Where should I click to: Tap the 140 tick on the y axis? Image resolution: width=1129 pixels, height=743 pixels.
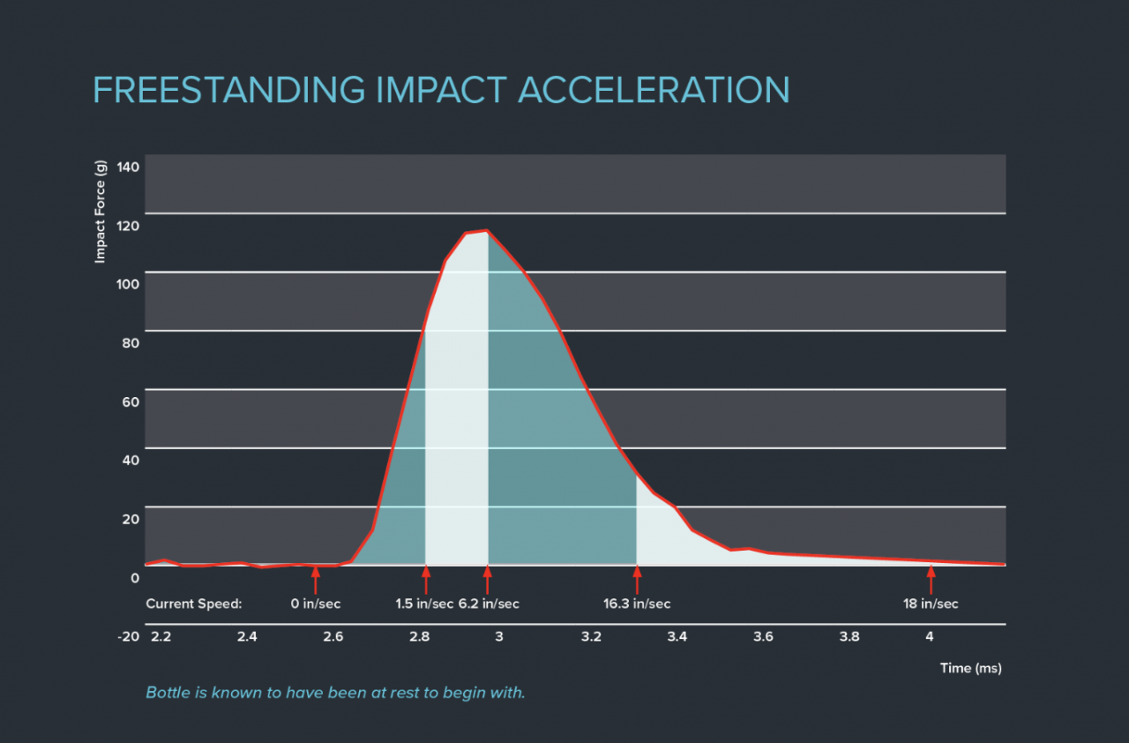pos(128,167)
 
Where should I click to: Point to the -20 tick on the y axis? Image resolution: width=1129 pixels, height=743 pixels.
pos(128,637)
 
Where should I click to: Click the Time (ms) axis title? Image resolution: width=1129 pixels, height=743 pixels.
pos(970,668)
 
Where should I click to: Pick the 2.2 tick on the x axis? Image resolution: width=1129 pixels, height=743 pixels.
pos(161,637)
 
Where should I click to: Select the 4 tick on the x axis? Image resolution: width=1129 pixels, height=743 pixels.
pos(930,637)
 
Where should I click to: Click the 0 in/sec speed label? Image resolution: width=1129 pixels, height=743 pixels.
pos(315,604)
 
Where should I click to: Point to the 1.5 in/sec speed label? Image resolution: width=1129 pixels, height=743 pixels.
pos(424,604)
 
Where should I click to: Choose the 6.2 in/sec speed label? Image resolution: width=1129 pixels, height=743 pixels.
pos(489,604)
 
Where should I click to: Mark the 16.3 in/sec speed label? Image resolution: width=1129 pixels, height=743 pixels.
pos(637,604)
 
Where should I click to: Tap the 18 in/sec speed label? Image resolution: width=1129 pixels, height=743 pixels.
pos(930,604)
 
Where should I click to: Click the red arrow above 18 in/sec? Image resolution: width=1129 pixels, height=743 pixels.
pos(930,579)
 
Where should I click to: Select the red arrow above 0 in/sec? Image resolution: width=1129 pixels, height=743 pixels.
pos(315,579)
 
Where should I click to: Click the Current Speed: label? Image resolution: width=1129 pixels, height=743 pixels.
pos(193,604)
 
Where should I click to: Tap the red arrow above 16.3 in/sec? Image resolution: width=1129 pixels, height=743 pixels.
pos(637,579)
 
